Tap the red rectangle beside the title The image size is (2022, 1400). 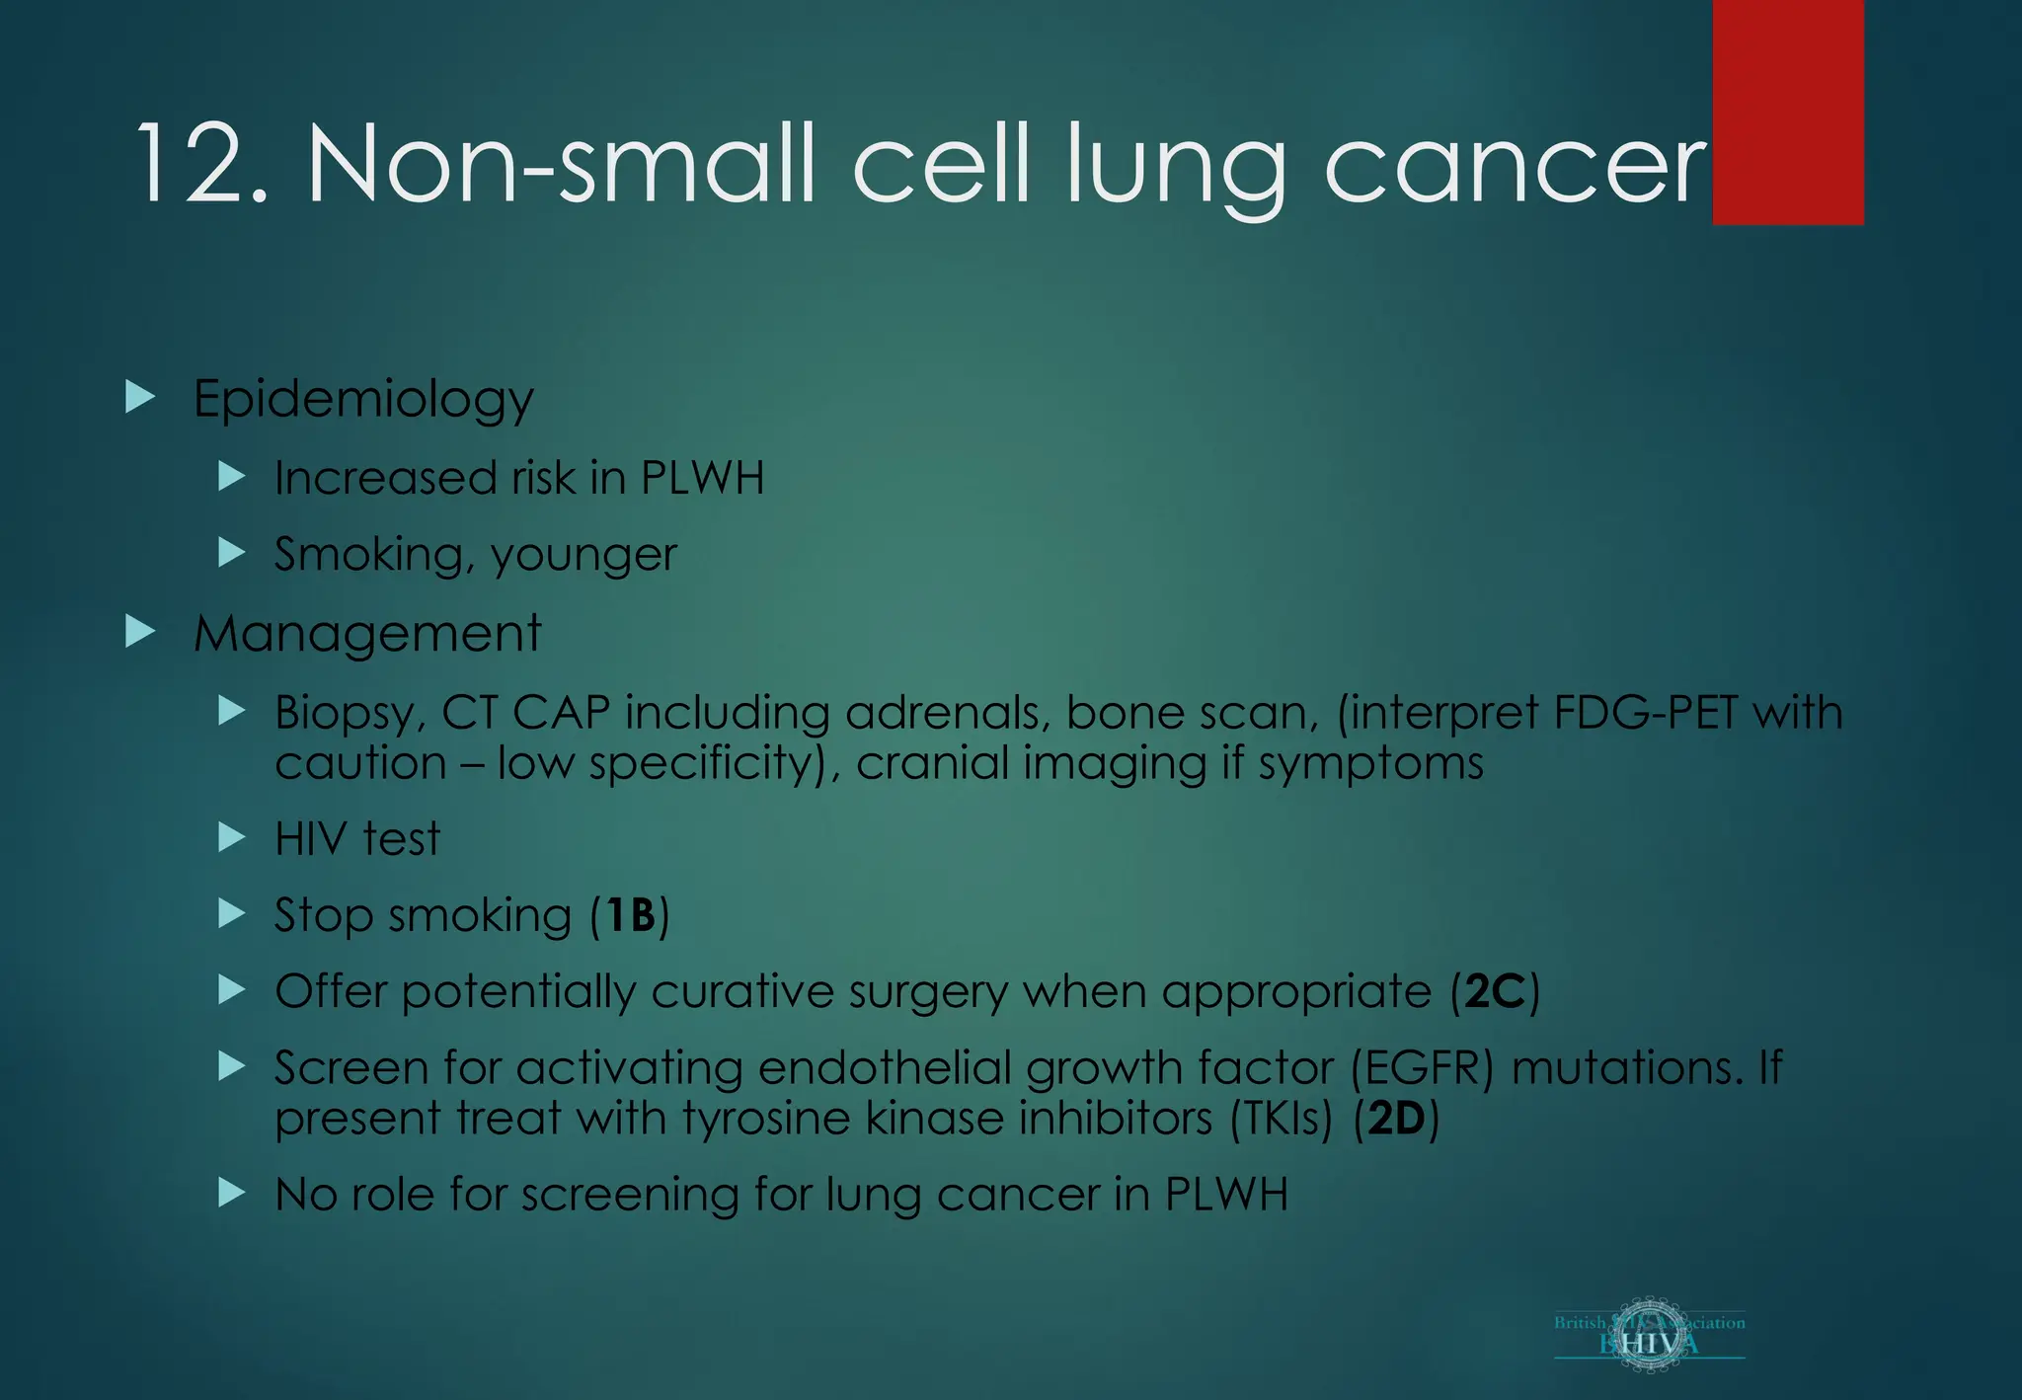point(1787,113)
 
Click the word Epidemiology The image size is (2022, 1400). point(363,400)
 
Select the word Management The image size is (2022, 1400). point(367,634)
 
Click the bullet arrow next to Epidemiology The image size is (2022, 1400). point(141,398)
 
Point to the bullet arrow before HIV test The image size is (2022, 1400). point(232,837)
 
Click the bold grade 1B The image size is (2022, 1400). point(630,915)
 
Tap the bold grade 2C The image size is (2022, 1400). point(1495,991)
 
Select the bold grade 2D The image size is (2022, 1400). point(1396,1119)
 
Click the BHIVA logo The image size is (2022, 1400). point(1649,1335)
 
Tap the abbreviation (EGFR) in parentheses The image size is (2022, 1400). point(1422,1068)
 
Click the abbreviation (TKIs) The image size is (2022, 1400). point(1282,1119)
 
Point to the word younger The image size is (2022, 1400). point(583,556)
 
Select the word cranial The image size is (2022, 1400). point(932,763)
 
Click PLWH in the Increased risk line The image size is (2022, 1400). point(702,479)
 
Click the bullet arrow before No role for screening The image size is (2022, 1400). point(232,1193)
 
